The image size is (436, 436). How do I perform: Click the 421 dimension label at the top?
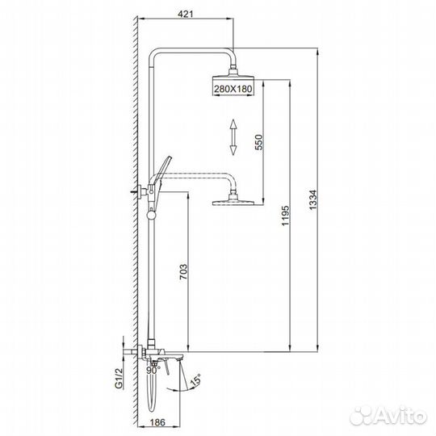pos(185,14)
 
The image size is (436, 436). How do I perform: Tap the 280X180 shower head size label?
pos(233,89)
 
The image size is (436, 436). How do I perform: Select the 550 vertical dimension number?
pos(258,142)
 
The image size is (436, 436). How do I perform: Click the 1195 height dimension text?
pos(286,216)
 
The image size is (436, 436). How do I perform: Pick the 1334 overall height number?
pos(313,200)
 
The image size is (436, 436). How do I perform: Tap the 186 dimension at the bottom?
pos(157,422)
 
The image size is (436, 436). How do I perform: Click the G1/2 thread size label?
pos(119,378)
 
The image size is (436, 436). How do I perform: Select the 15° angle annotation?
pos(195,380)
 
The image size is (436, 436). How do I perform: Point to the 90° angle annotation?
pos(153,370)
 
